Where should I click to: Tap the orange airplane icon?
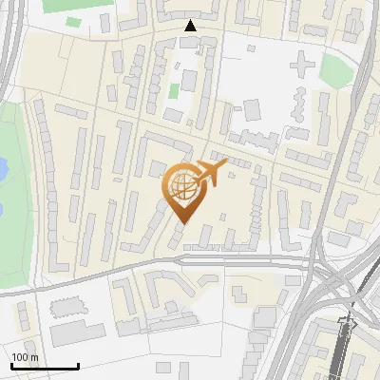coord(214,171)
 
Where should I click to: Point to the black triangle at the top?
coord(191,26)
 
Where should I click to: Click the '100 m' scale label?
coord(25,357)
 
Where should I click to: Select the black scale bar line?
coord(45,367)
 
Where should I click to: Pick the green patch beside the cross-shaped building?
coord(333,68)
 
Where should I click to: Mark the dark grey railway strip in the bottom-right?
coord(339,356)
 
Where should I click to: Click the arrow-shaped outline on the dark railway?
coord(347,323)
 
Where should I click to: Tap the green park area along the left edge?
coord(11,218)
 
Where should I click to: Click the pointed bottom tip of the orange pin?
coord(180,221)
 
